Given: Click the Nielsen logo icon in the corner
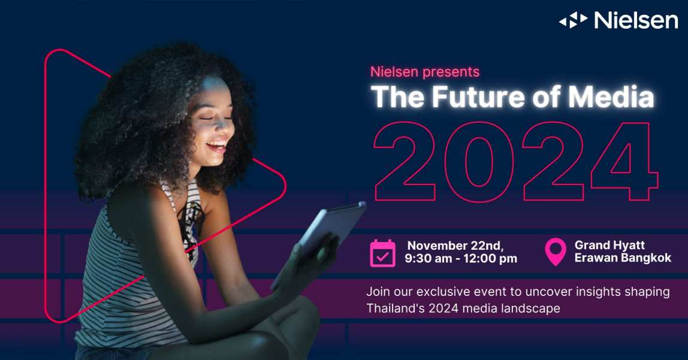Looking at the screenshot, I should point(573,20).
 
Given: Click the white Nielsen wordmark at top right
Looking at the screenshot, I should point(636,20).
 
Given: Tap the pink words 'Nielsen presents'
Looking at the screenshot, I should point(425,72).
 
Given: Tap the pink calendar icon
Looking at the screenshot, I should point(382,253).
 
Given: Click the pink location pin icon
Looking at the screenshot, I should point(556,252).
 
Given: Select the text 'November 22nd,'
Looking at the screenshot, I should point(455,246).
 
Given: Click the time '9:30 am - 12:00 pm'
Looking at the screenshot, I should point(461,259).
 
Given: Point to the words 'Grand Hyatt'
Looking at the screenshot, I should point(609,245).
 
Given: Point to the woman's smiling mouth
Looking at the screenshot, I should point(216,146).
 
